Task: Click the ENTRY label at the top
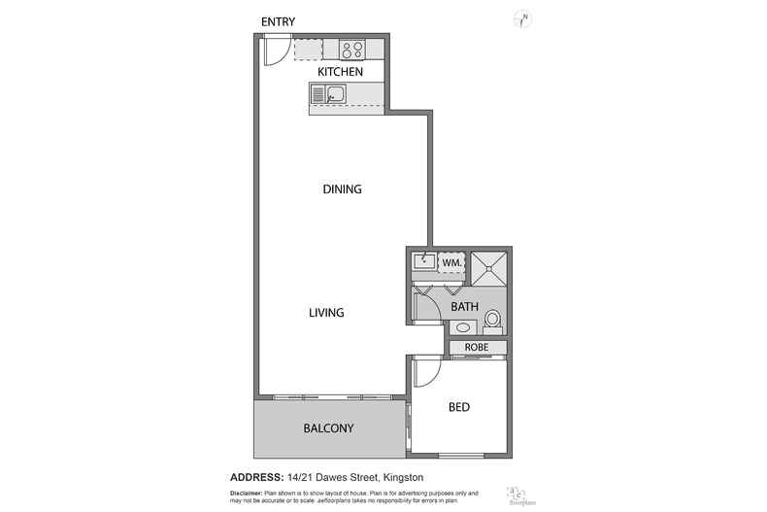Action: tap(278, 21)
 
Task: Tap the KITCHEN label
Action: tap(340, 72)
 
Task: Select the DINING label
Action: tap(342, 189)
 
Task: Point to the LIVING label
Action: tap(327, 312)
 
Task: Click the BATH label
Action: tap(464, 307)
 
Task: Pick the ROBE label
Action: tap(476, 347)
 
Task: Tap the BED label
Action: tap(459, 407)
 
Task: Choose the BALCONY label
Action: tap(328, 428)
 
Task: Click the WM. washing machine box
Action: tap(451, 262)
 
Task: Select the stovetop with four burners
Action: tap(350, 49)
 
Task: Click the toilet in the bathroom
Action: tap(492, 319)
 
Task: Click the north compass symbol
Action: tap(521, 17)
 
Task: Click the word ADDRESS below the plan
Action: tap(256, 476)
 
